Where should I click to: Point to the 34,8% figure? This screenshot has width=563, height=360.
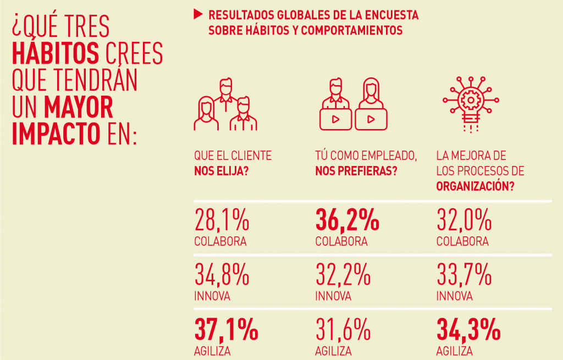coord(222,275)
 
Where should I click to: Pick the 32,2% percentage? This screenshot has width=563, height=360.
coord(343,275)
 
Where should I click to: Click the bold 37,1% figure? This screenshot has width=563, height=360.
coord(226,330)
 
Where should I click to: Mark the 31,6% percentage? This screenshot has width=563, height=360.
coord(343,330)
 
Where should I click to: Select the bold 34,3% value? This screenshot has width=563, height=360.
coord(468,330)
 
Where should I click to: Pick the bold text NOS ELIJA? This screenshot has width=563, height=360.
coord(220,170)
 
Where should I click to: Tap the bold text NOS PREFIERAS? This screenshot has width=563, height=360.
coord(356,170)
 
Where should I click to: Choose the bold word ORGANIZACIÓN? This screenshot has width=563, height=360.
coord(476,185)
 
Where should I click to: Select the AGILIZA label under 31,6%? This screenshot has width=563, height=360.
coord(333,351)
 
